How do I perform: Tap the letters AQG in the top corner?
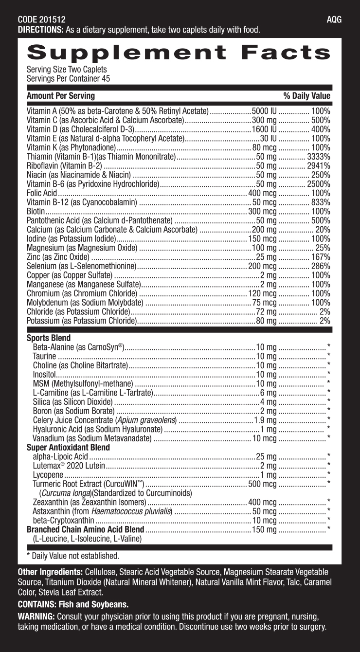click(334, 20)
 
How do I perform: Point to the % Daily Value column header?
click(306, 96)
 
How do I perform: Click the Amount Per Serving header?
click(61, 96)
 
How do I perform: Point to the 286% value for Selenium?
click(321, 266)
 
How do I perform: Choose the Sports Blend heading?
click(49, 338)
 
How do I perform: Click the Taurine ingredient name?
click(44, 356)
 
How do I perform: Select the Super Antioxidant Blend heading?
click(68, 447)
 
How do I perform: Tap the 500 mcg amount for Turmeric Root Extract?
click(262, 484)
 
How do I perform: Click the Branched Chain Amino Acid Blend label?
click(86, 529)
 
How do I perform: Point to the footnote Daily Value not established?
click(73, 556)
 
